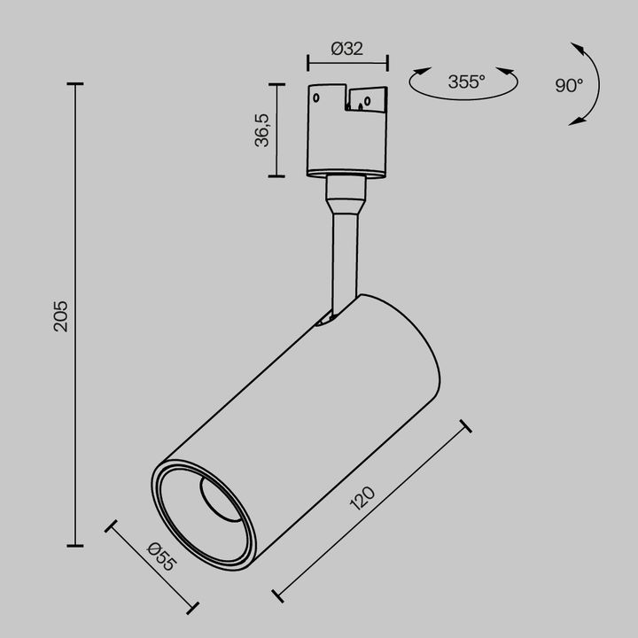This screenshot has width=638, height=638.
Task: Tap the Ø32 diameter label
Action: pos(347,50)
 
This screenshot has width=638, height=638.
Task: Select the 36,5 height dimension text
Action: pos(263,129)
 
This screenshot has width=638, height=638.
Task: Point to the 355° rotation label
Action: pos(465,82)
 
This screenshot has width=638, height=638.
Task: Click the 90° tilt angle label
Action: pos(569,85)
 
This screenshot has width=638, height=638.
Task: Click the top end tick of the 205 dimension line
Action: pos(75,84)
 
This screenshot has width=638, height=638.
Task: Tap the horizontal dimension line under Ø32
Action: pos(347,63)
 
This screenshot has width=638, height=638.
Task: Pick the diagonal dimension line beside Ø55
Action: pos(151,567)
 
